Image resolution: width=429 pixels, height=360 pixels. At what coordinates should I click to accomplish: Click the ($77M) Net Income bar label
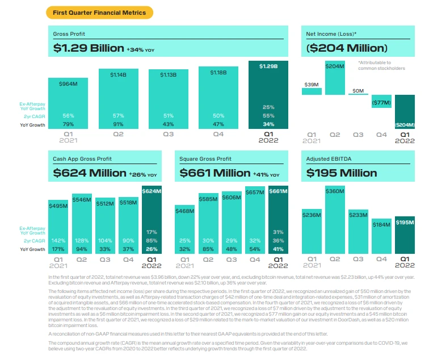point(381,103)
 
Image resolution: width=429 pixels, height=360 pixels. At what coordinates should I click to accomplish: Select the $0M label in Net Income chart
point(357,90)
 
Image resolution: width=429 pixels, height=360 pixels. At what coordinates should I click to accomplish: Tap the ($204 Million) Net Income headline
point(348,49)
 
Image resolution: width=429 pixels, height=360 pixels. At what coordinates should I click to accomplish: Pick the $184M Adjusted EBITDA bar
point(381,236)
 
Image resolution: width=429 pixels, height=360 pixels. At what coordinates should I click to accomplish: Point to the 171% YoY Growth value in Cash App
point(58,249)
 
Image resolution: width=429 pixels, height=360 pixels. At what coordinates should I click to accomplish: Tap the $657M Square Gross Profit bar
point(255,221)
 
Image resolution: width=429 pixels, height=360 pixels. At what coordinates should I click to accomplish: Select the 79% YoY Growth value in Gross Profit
point(68,124)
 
